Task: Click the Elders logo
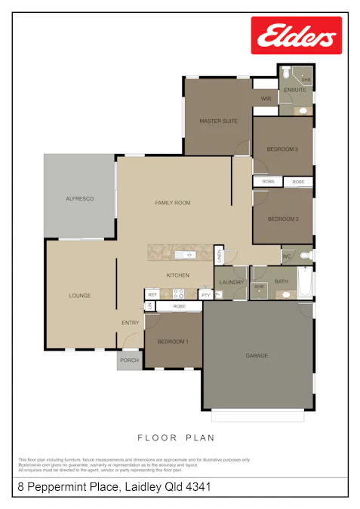[x=296, y=35]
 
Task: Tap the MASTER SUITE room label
[x=219, y=121]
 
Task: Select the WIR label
[x=266, y=99]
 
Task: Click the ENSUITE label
[x=295, y=90]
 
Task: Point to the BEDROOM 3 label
[x=282, y=149]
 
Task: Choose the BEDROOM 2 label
[x=282, y=219]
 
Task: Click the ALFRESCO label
[x=79, y=198]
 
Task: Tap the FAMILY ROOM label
[x=173, y=202]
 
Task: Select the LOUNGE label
[x=80, y=296]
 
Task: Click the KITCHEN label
[x=178, y=275]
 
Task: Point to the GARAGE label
[x=257, y=355]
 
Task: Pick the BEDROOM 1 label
[x=173, y=342]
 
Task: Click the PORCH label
[x=129, y=360]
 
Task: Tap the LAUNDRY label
[x=231, y=282]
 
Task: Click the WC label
[x=287, y=256]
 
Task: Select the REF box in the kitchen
[x=152, y=294]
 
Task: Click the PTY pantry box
[x=205, y=294]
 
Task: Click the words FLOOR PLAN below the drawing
[x=176, y=437]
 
